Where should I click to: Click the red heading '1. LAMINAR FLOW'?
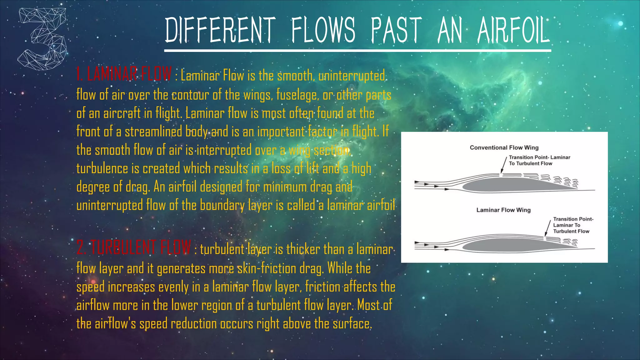(x=124, y=74)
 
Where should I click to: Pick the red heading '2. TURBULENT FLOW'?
(x=134, y=247)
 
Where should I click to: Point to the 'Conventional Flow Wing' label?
(x=504, y=147)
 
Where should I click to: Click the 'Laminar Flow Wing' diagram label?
(x=503, y=210)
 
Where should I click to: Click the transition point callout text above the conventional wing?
(x=539, y=160)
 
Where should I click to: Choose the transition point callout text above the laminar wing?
(x=573, y=225)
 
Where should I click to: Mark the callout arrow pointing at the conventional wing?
(x=504, y=165)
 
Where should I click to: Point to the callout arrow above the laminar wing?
(x=547, y=228)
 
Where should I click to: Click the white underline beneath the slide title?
(x=357, y=50)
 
